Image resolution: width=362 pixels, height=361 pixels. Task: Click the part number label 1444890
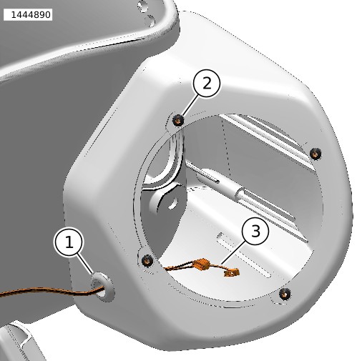tap(28, 15)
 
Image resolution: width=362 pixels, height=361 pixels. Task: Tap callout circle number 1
tap(69, 242)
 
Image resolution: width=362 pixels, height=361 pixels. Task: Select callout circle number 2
tap(207, 83)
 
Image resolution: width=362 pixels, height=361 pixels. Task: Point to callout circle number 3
tap(255, 231)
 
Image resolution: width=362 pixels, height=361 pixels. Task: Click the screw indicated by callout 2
tap(178, 120)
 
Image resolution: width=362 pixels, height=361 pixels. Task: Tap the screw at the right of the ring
tap(315, 154)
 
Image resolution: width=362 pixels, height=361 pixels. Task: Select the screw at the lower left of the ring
tap(147, 260)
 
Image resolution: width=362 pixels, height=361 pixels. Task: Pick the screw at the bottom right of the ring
tap(285, 294)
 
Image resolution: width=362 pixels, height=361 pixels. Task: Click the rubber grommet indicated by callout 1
tap(102, 287)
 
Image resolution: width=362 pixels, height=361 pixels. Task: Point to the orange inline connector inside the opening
tap(202, 264)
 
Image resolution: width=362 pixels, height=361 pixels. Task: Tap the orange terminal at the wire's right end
tap(232, 272)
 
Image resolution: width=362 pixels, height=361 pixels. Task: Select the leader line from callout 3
tap(234, 253)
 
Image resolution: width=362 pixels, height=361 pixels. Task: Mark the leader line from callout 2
tap(190, 104)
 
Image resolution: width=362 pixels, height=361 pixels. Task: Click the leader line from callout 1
tap(84, 264)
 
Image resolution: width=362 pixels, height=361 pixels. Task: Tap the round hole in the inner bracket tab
tap(173, 203)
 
